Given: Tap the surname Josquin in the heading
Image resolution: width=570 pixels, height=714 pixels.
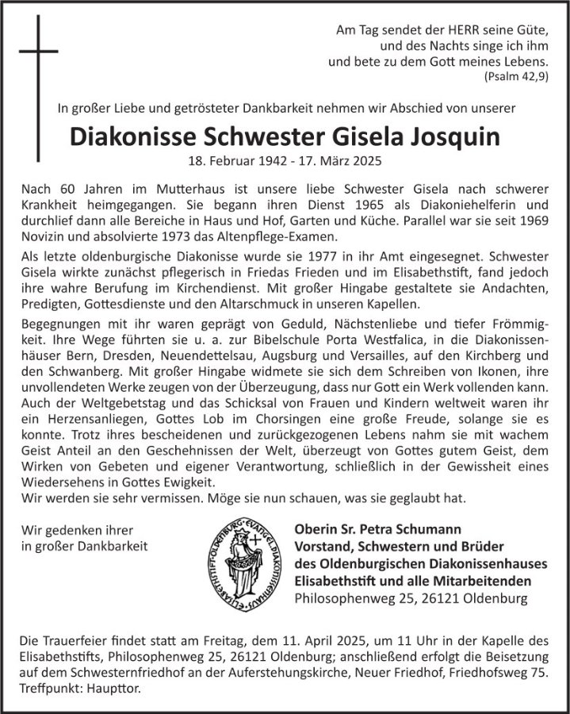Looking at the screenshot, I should coord(455,136).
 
